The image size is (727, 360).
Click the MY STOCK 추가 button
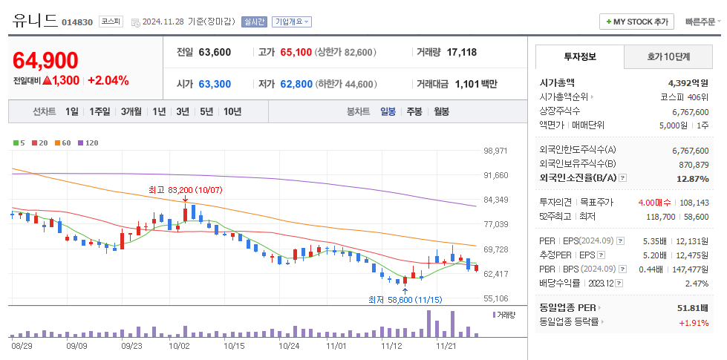tap(637, 22)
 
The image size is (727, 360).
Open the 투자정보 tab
tap(580, 56)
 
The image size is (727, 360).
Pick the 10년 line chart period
tap(232, 111)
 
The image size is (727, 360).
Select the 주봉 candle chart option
tap(414, 111)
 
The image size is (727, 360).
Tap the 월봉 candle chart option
tap(441, 111)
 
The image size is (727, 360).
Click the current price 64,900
tap(45, 60)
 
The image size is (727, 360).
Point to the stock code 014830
tap(77, 22)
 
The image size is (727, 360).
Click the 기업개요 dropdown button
tap(292, 22)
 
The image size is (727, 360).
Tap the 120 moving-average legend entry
tap(89, 143)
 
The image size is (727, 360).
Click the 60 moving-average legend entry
tap(64, 143)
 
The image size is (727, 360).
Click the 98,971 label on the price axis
tap(495, 151)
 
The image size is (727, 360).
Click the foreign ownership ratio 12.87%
tap(692, 179)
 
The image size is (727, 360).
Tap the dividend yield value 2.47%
tap(697, 284)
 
